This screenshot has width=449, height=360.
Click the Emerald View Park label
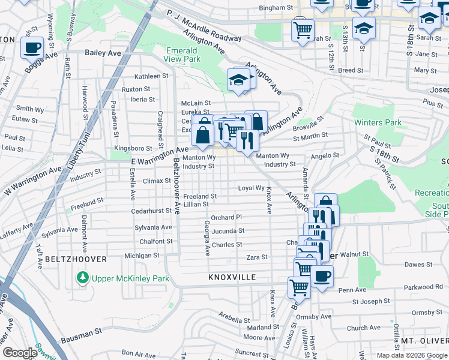(x=182, y=55)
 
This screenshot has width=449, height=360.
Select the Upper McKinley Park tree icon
(x=82, y=278)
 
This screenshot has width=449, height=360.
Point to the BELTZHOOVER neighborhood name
(x=75, y=259)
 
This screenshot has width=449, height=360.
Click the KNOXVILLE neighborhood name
(x=232, y=278)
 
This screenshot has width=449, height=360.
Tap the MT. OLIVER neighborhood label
(x=424, y=341)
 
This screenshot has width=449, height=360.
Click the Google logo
(x=19, y=353)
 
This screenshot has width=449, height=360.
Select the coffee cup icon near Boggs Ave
(x=32, y=47)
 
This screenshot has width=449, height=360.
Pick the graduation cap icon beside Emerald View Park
(x=238, y=80)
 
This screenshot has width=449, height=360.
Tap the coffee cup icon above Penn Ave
(x=322, y=276)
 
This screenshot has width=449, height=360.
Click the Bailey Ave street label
(x=103, y=53)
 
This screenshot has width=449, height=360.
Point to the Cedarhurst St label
(x=152, y=211)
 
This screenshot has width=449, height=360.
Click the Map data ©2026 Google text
(x=411, y=355)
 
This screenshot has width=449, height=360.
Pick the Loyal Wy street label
(x=252, y=188)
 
